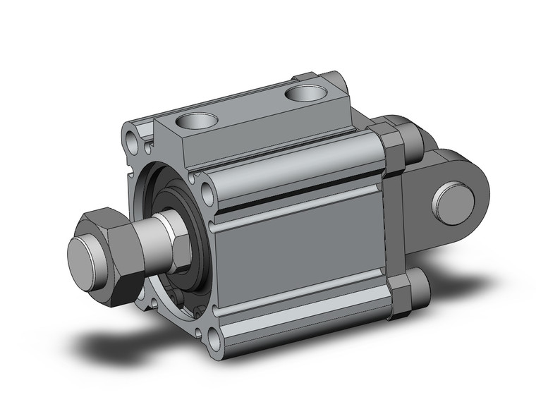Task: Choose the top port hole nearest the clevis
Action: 304,92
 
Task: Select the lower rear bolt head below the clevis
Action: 420,291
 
